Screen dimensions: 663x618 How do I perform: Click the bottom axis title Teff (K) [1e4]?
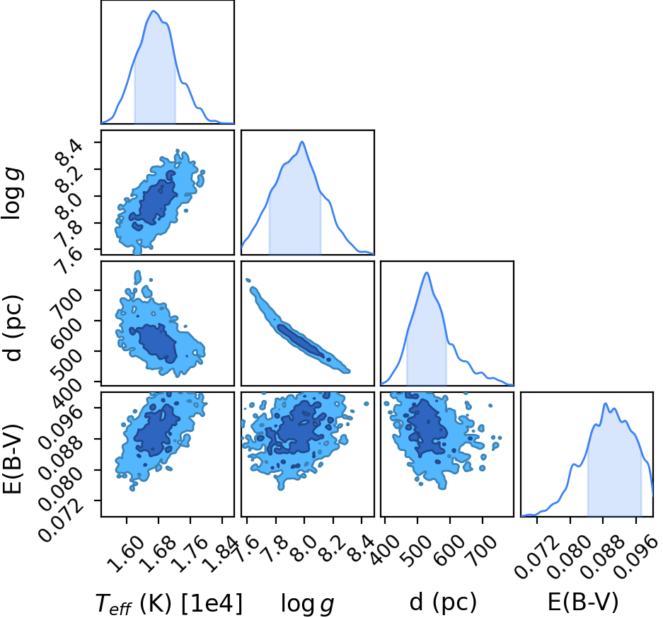click(169, 604)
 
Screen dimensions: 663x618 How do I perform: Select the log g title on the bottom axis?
click(307, 604)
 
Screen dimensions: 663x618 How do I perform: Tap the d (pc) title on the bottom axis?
click(443, 602)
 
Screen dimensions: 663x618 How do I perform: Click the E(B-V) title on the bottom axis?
click(583, 602)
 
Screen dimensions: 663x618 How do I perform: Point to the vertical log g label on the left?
click(12, 193)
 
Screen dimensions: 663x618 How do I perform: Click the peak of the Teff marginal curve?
click(154, 11)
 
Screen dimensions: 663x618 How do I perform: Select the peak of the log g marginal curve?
click(302, 142)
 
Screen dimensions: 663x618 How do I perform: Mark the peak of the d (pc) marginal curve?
click(427, 273)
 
